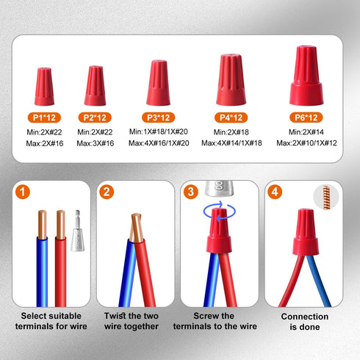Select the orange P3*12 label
[x=158, y=117]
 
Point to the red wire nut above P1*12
[x=43, y=87]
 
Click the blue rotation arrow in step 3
[x=219, y=209]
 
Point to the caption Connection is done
[x=300, y=321]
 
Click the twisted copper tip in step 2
[x=135, y=227]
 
